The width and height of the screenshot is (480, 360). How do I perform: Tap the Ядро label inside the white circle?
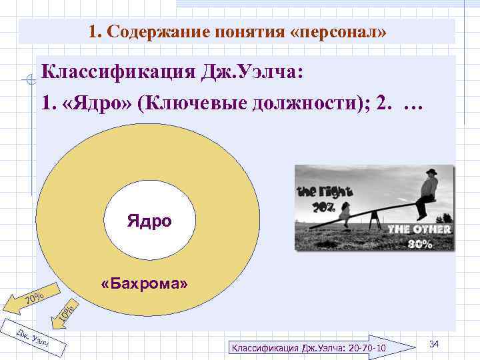149,219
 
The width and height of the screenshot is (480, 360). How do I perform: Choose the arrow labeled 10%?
67,309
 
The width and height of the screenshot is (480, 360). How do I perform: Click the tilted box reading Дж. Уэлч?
32,339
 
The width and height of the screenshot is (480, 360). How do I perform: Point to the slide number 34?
434,343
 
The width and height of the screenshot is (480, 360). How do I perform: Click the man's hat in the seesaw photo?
432,173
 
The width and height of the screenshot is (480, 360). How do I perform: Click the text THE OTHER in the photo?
420,229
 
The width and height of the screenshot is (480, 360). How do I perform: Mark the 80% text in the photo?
421,243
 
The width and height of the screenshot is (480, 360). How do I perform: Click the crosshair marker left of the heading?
27,82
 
